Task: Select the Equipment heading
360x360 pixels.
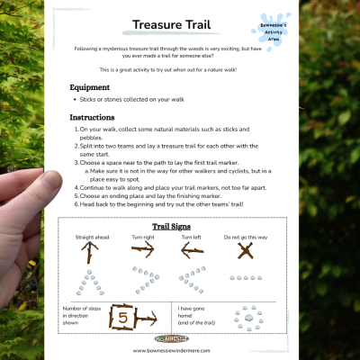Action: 90,87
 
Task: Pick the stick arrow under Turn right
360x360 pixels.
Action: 143,252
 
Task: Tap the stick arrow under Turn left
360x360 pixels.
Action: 193,252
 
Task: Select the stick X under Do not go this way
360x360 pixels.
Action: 245,253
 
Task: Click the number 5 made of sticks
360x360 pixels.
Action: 124,316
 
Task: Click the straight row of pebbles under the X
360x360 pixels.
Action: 245,278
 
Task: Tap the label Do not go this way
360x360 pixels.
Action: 244,238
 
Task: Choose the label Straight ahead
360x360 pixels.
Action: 89,238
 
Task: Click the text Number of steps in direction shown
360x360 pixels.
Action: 81,314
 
